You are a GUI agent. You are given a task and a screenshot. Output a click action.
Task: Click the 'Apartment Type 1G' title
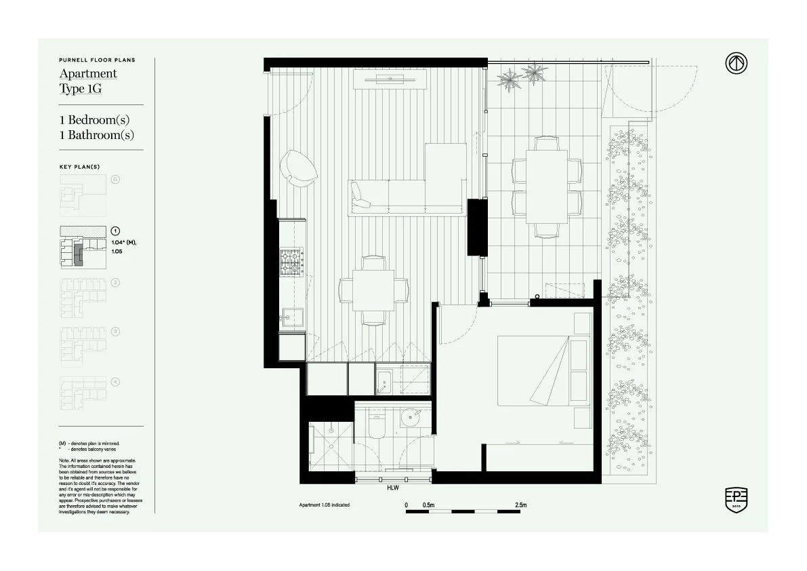coord(88,81)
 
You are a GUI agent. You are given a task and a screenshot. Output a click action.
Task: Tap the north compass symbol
coord(736,64)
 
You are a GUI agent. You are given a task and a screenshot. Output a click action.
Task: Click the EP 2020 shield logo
coord(736,499)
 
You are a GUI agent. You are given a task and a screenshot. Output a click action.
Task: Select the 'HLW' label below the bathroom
coord(392,488)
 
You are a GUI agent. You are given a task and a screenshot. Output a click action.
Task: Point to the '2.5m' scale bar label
coord(520,505)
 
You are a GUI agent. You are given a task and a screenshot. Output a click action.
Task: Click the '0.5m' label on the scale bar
coord(428,505)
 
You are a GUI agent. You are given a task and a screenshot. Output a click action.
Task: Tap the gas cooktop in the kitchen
coord(291,262)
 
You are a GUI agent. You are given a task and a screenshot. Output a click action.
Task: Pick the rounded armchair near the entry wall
coord(298,167)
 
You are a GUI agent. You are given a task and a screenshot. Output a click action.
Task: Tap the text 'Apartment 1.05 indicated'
coord(324,505)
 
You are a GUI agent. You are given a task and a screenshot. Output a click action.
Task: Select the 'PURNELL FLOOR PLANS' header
coord(97,60)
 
